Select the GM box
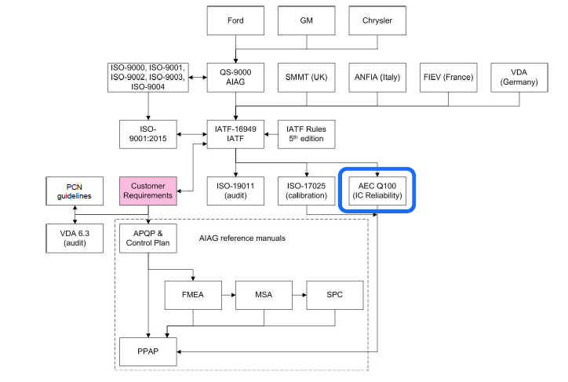[x=307, y=20]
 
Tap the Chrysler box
[x=377, y=20]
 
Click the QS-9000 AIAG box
[x=236, y=76]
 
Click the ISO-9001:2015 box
[x=147, y=134]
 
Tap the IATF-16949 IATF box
[x=236, y=134]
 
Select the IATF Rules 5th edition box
[x=307, y=134]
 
